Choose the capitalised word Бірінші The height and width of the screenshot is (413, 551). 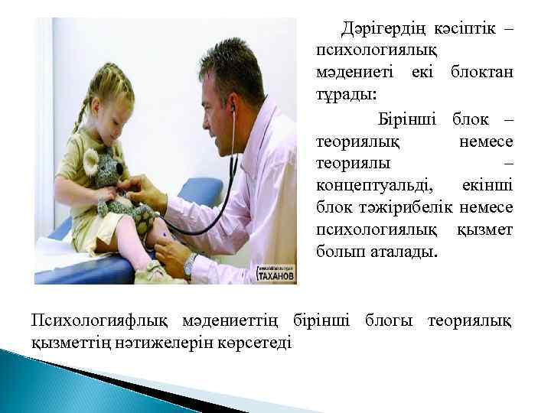click(x=407, y=120)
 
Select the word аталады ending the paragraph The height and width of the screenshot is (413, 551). click(x=406, y=251)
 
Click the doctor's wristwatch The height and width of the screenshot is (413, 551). click(x=189, y=264)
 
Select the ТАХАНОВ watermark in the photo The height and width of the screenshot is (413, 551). click(x=275, y=277)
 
